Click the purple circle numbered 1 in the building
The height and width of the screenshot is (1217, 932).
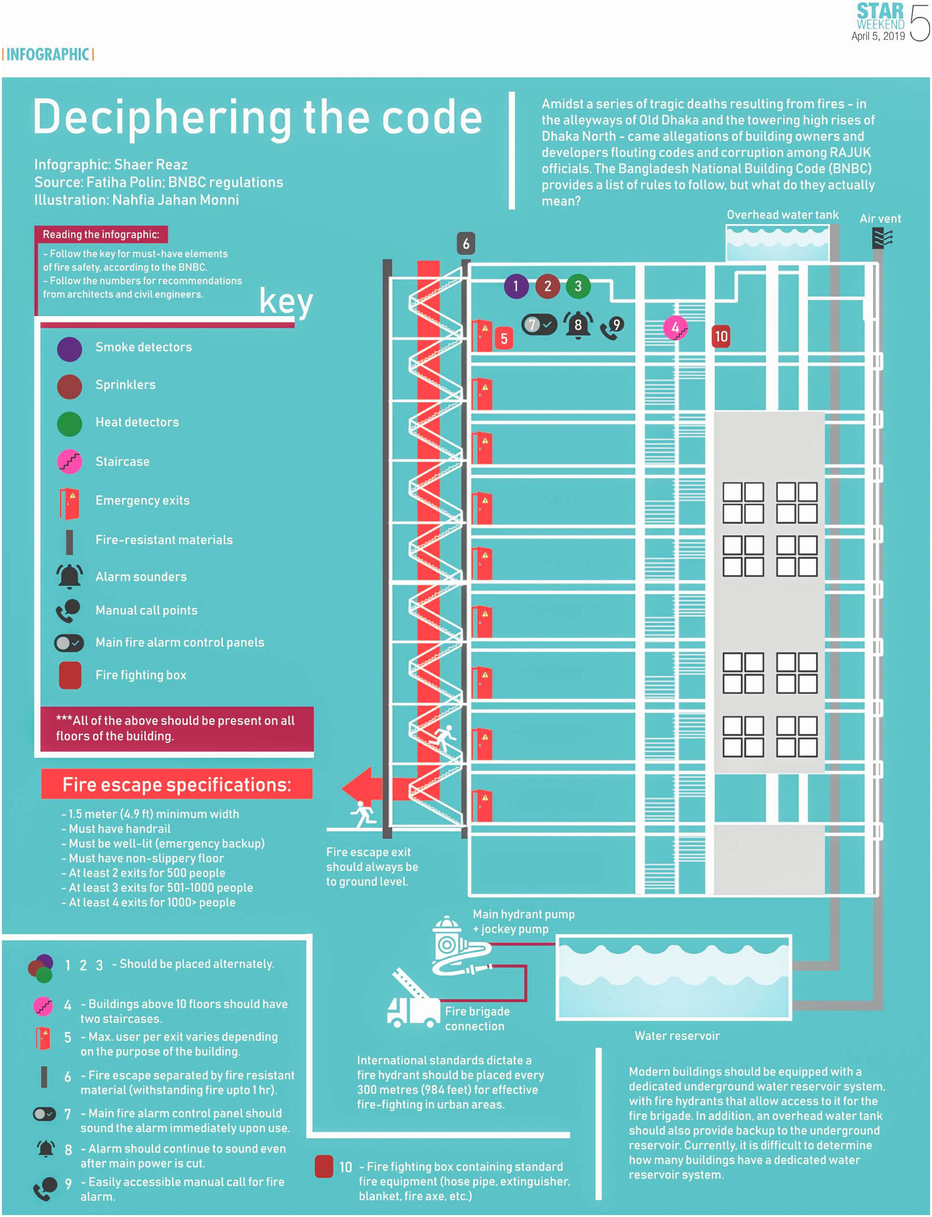tap(516, 286)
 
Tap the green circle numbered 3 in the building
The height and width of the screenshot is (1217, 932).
tap(578, 286)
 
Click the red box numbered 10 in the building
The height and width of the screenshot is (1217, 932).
tap(721, 337)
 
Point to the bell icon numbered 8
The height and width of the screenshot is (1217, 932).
tap(578, 324)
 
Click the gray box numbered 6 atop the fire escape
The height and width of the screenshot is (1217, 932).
tap(466, 244)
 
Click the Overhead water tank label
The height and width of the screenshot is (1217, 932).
tap(782, 215)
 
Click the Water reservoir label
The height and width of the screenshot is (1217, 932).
tap(677, 1036)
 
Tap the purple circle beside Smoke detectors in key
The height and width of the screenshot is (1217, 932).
tap(69, 349)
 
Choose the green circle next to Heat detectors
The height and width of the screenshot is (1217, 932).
tap(69, 424)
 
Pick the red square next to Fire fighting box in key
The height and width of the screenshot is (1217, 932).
tap(70, 675)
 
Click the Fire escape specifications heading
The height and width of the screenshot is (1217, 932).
tap(176, 785)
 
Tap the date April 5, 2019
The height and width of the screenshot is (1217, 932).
tap(878, 36)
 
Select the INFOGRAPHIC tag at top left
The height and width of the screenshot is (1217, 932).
tap(48, 54)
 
